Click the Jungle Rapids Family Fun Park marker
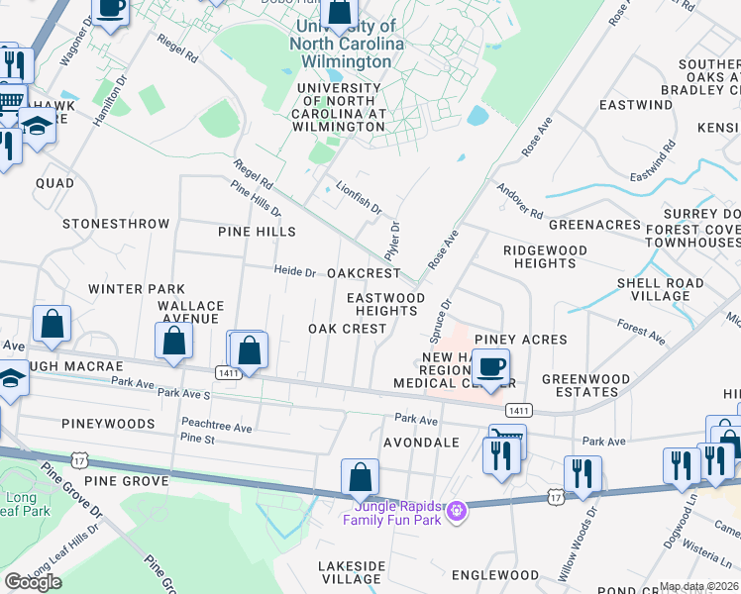456,511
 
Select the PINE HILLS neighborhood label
257,232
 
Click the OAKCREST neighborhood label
363,273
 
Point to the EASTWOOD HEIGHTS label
385,304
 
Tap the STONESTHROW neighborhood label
116,224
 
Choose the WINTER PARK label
123,289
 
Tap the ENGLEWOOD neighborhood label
494,575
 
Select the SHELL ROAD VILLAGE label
660,289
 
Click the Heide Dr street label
294,272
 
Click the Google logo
34,582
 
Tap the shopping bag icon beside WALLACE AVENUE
174,342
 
